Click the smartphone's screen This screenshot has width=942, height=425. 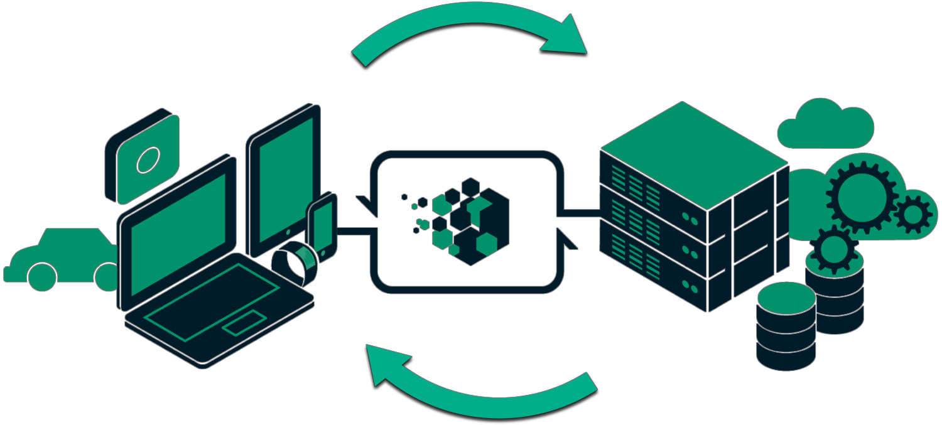(x=323, y=227)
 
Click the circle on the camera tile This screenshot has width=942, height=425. (x=148, y=160)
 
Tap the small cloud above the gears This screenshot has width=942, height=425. (x=825, y=126)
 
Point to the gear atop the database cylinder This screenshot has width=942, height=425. (x=834, y=249)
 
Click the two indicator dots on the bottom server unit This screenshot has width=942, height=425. (x=690, y=288)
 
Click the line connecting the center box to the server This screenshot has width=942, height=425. (x=581, y=213)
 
